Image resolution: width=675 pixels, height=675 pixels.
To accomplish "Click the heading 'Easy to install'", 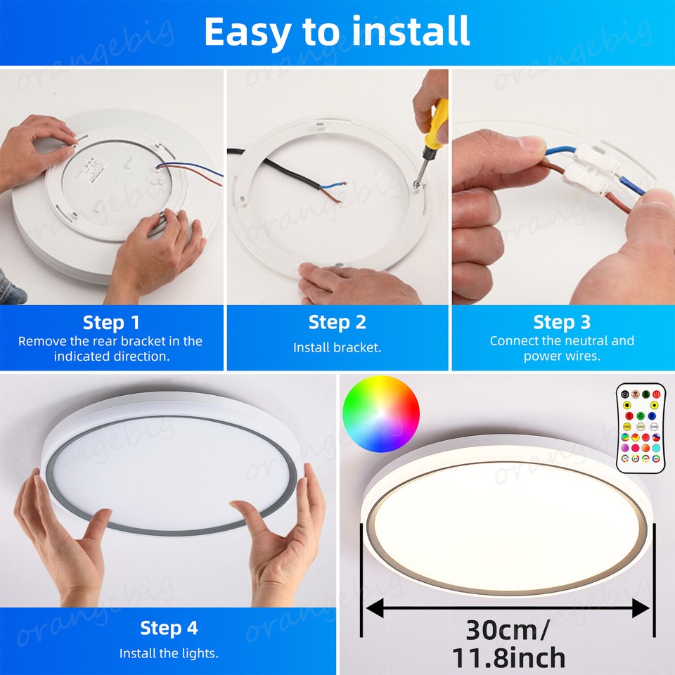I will (x=337, y=31).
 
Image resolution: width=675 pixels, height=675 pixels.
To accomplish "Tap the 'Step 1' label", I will (x=111, y=323).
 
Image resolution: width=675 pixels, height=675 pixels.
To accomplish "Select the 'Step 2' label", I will (x=337, y=323).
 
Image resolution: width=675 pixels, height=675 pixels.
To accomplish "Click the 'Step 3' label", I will (x=562, y=323).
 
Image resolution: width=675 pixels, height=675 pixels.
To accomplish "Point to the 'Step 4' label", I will (x=169, y=627).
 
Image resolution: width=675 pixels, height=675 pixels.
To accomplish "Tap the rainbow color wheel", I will (x=381, y=413).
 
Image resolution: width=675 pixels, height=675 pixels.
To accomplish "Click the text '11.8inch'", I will (x=508, y=657).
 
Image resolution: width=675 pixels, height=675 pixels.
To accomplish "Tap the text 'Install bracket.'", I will (x=337, y=347).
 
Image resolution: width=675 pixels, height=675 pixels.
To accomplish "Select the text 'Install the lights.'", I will (x=169, y=653).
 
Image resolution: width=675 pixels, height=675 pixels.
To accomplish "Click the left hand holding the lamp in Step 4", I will (x=63, y=534).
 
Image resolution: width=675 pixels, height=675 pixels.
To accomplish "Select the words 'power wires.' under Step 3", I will (x=562, y=356).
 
